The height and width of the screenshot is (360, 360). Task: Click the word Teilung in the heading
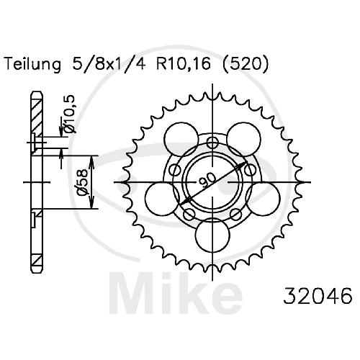pos(33,64)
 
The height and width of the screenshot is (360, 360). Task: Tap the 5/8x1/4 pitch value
pos(109,64)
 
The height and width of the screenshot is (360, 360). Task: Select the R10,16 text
pos(184,64)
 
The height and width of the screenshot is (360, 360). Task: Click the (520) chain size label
pos(246,64)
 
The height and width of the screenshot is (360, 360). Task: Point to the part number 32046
pos(318,295)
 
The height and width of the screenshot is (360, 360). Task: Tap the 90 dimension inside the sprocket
pos(207,180)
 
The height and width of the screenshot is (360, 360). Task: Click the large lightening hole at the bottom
pos(212,235)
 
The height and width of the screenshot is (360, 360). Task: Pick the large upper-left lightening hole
pos(181,139)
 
